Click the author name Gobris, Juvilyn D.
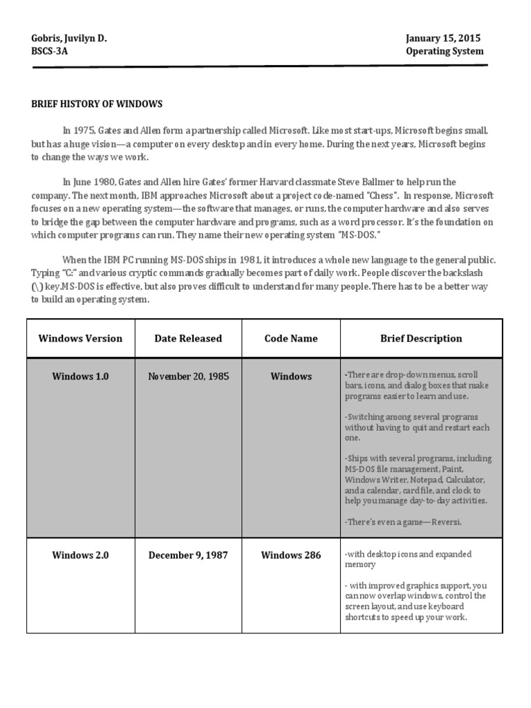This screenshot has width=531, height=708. [x=69, y=39]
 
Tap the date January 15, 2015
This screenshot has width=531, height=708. [x=443, y=39]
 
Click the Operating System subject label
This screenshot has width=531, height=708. [x=445, y=52]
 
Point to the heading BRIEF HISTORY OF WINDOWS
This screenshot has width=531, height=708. [x=97, y=104]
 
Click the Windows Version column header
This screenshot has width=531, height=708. [x=80, y=339]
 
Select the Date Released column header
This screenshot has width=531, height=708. [x=188, y=339]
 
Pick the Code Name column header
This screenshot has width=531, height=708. [x=291, y=339]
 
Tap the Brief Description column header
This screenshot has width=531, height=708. [x=421, y=339]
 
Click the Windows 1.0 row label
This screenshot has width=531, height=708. [x=80, y=377]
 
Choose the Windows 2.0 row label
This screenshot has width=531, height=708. [x=80, y=555]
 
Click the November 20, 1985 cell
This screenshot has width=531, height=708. [x=188, y=377]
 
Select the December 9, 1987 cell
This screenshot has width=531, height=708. [x=188, y=555]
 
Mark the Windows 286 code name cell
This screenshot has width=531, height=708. [x=291, y=555]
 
